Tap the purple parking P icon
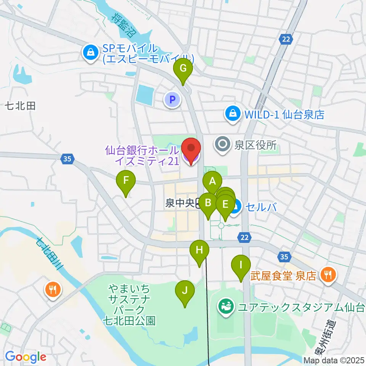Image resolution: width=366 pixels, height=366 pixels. pos(172,100)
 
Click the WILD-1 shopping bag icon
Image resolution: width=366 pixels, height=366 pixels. pos(232,113)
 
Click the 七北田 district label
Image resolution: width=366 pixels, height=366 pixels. pos(21,106)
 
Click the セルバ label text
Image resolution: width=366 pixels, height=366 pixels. pos(261,207)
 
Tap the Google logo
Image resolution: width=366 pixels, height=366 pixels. pos(26,357)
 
